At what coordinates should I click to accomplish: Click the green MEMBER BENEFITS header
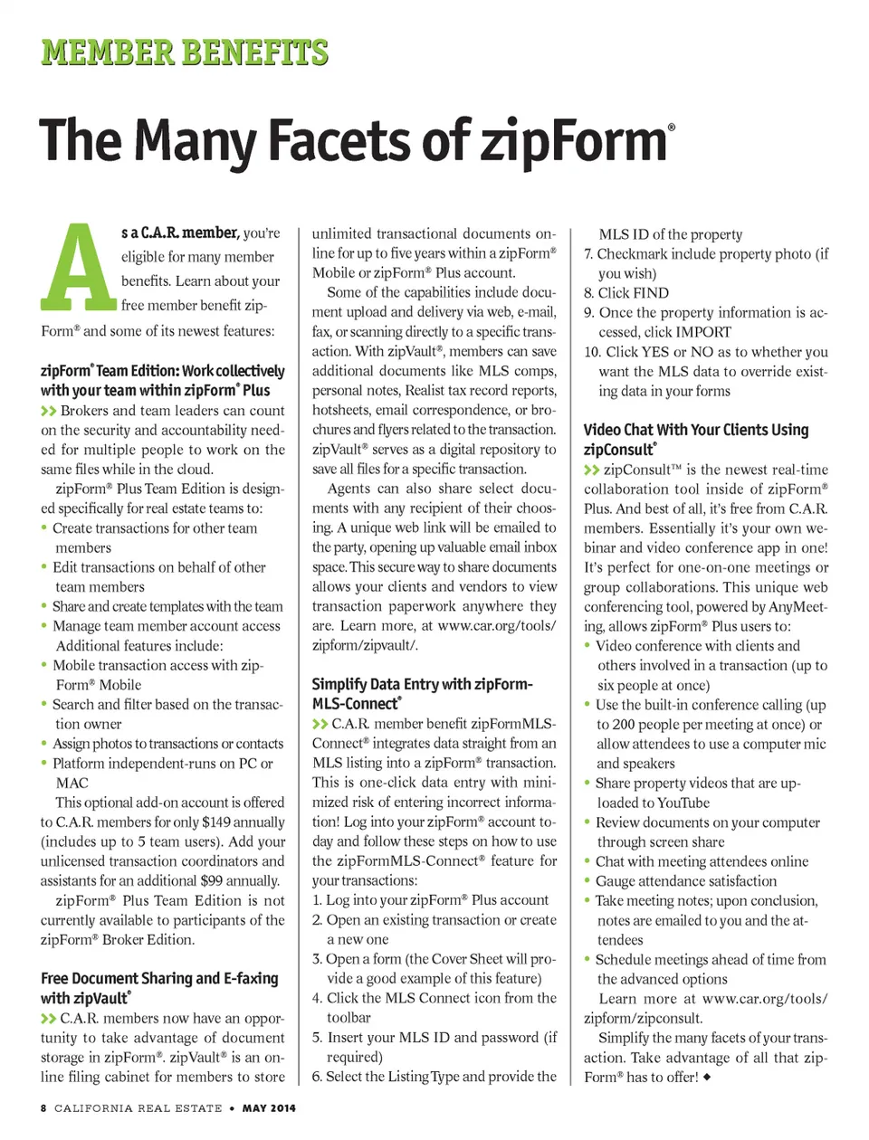[184, 52]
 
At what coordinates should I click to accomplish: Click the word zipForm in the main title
[574, 142]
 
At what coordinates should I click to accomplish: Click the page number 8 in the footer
[43, 1107]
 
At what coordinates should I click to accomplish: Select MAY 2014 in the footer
[269, 1107]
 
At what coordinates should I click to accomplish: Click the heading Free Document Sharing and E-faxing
[159, 978]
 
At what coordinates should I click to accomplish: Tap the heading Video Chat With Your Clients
[695, 430]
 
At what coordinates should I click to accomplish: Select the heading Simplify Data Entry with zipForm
[422, 684]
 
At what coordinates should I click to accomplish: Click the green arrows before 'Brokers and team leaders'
[49, 411]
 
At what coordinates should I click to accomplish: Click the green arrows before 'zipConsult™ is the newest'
[592, 470]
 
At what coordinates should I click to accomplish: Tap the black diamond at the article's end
[706, 1078]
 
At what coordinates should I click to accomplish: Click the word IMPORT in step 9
[700, 332]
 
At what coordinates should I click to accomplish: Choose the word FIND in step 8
[651, 293]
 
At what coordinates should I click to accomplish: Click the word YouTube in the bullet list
[679, 803]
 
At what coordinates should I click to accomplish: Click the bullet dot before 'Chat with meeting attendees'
[587, 861]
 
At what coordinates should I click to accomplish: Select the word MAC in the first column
[72, 783]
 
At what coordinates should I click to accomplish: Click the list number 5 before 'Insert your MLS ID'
[317, 1037]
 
